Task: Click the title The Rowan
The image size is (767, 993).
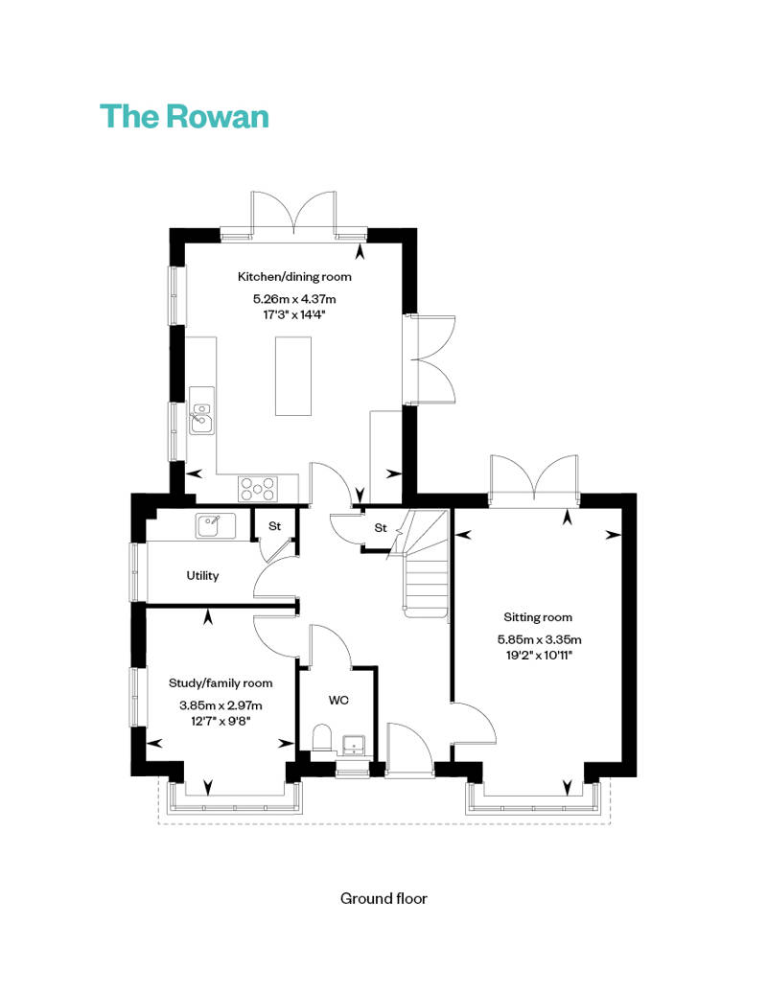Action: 184,117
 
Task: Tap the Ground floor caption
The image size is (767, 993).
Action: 383,899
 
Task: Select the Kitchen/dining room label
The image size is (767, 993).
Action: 294,277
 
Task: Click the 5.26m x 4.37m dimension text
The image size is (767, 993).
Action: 294,299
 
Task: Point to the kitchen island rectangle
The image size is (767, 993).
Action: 293,376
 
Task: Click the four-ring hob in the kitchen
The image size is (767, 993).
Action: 258,489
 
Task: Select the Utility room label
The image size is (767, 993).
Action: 202,576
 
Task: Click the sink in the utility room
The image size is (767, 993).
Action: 216,525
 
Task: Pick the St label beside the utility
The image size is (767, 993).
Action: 275,526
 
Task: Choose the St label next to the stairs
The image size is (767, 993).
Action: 381,527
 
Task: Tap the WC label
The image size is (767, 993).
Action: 338,701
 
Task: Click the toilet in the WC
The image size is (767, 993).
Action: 323,737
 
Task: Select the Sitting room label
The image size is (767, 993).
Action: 538,617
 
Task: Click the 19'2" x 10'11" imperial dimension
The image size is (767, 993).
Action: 539,656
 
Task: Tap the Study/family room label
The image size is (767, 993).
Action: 221,683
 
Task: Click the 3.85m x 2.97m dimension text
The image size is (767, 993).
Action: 221,705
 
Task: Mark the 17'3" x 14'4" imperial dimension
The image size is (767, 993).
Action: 294,314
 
